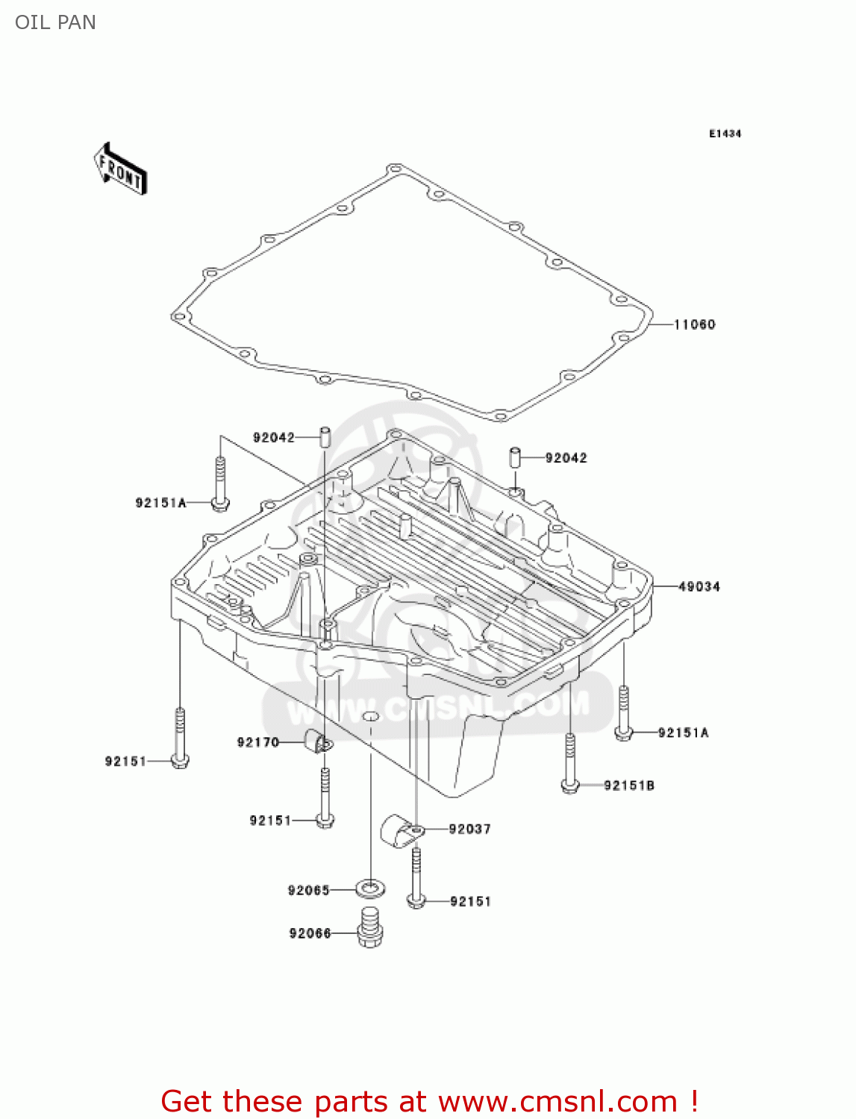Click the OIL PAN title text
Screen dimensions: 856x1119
coord(55,22)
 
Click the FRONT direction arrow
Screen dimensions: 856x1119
coord(120,169)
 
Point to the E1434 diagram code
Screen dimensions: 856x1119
coord(725,134)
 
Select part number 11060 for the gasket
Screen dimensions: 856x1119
coord(694,325)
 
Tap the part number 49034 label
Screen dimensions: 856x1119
coord(699,587)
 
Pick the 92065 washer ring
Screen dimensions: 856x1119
coord(370,888)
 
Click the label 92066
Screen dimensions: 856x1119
coord(310,933)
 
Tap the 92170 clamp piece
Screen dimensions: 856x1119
coord(317,742)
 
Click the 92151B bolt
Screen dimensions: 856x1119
coord(569,762)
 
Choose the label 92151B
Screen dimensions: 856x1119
coord(628,786)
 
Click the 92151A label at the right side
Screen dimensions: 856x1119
coord(683,733)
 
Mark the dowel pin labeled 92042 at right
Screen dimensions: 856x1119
coord(515,457)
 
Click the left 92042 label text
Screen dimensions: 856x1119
coord(273,438)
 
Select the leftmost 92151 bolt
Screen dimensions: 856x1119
coord(179,739)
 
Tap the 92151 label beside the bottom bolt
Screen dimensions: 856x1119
coord(470,902)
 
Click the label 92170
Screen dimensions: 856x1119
coord(257,742)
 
